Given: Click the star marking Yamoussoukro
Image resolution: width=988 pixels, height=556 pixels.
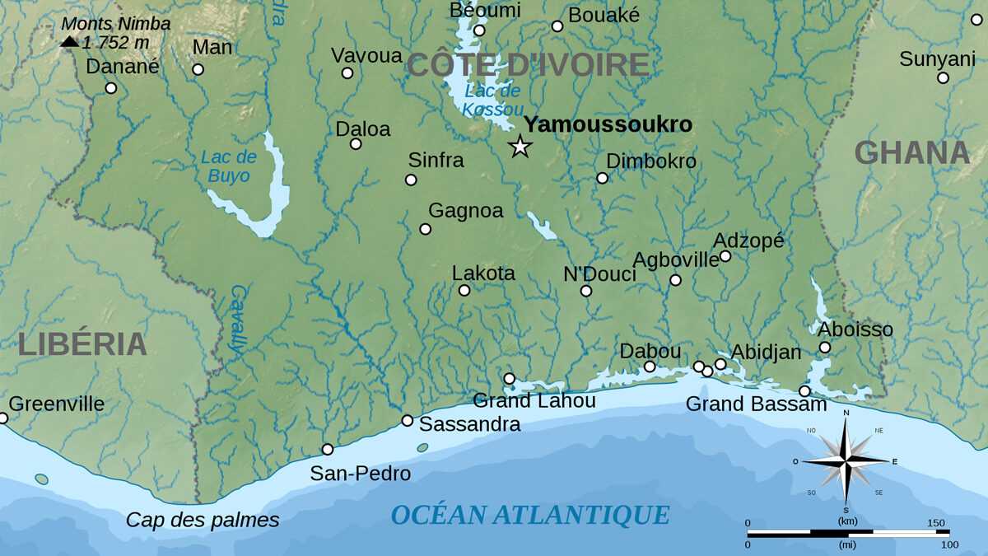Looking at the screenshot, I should pos(520,147).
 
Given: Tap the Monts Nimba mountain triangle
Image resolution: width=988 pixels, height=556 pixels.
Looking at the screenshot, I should pos(70,41).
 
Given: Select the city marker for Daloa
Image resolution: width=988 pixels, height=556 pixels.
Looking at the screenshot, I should pos(356,144).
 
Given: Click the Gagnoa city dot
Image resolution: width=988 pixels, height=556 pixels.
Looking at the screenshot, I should pos(426,229).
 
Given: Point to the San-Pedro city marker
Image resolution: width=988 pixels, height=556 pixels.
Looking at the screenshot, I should pos(328,449).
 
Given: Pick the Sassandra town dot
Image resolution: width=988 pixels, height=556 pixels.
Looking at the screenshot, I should pos(407,420).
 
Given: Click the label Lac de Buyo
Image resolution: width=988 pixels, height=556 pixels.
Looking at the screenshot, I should pos(229,166).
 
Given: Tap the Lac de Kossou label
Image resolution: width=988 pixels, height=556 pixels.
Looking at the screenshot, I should pos(492,100).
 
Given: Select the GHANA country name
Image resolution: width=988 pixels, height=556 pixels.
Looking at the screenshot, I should pos(912,153).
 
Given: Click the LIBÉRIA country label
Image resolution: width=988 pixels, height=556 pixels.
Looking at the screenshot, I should pos(82,343).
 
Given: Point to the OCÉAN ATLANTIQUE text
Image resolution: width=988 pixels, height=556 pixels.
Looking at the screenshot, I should pos(530,515).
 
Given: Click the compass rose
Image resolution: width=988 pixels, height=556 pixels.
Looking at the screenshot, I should pos(846,460).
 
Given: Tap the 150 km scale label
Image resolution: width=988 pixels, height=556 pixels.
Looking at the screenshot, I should pos(936,523).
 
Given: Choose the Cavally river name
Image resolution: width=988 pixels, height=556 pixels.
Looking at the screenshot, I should pos(238,320).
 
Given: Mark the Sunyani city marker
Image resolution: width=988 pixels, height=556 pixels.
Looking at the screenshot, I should pos(943,78).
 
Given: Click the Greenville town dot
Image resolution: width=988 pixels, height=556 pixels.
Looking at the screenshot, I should pos(2,418).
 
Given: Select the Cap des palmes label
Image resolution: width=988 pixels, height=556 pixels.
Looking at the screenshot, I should pos(203,520).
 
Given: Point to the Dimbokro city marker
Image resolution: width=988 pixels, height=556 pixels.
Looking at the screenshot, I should pos(602,178).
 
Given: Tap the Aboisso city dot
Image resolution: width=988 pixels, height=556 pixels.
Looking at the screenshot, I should pos(825,348).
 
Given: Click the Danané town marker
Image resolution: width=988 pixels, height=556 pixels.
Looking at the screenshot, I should pos(111,88).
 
